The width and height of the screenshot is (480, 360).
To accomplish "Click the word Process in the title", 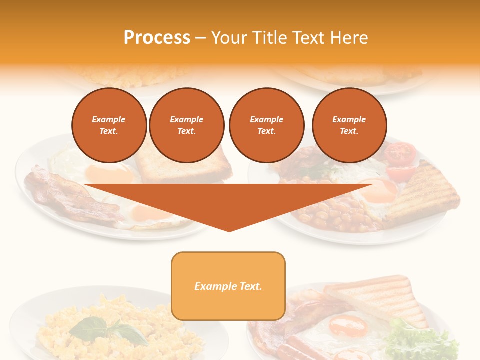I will [157, 38].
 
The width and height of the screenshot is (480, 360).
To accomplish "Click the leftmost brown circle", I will [109, 125].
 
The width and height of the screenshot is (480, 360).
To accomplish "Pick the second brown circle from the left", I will [186, 125].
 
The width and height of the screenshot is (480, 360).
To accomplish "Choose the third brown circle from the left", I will [266, 125].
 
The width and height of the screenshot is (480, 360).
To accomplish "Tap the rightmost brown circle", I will [349, 125].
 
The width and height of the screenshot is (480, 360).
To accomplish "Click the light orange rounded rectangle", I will [228, 286].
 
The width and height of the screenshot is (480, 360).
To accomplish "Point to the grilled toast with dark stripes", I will [425, 192].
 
